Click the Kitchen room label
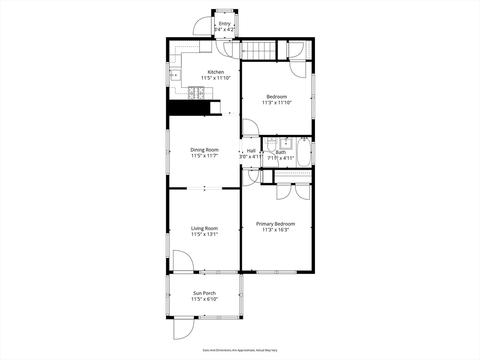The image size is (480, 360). click(x=216, y=72)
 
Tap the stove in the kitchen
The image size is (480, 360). click(x=196, y=93)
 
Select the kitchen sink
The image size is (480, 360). click(x=175, y=75)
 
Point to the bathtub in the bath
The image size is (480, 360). click(x=303, y=152)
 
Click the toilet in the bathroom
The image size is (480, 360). click(x=270, y=144)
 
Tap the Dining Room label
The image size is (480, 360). click(x=204, y=150)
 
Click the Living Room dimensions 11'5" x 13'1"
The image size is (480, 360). click(x=204, y=234)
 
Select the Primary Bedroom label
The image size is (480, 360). click(x=276, y=224)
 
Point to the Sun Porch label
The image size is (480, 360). click(x=204, y=293)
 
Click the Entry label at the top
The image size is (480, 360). click(x=225, y=23)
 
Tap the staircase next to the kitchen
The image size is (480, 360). click(x=259, y=51)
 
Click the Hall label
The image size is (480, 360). click(x=251, y=150)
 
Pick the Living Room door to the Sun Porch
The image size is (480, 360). click(x=183, y=261)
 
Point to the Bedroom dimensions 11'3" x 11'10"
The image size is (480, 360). click(x=277, y=103)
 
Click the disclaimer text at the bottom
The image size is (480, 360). click(x=240, y=350)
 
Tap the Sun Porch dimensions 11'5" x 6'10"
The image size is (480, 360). click(x=204, y=299)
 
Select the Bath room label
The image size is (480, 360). click(x=281, y=152)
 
